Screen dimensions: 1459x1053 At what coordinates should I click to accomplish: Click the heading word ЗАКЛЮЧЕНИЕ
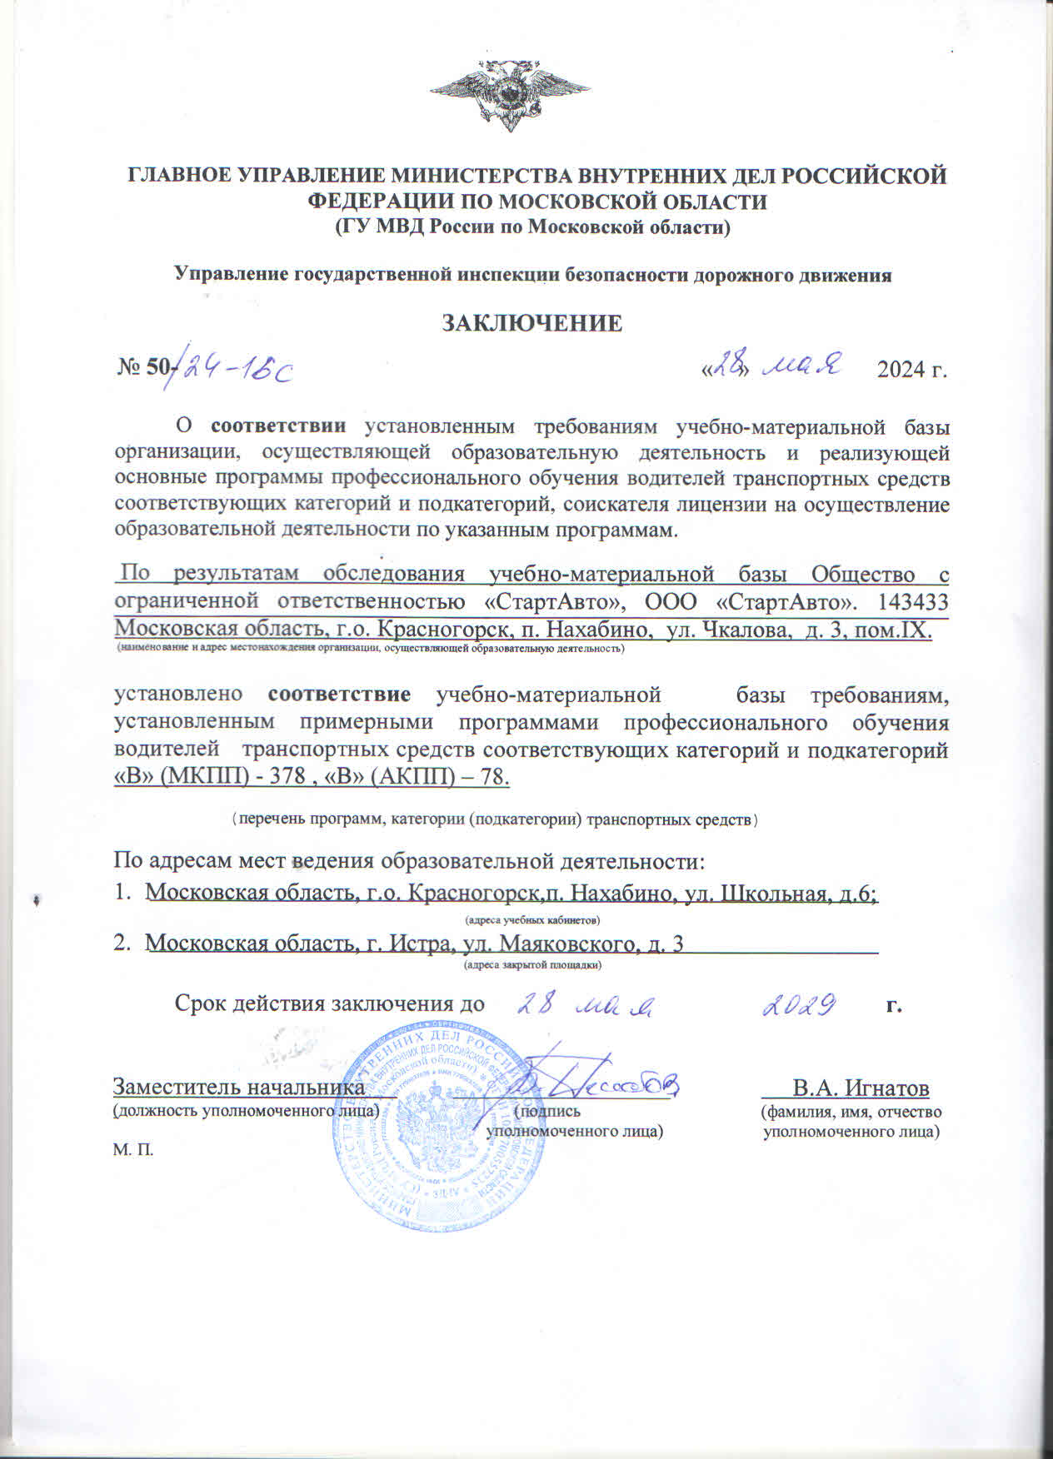coord(531,323)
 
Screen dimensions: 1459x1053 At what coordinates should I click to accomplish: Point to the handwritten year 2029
coord(799,1006)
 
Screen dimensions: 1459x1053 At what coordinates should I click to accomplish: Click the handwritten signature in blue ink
coord(596,1081)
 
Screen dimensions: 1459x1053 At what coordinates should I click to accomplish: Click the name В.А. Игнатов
coord(861,1088)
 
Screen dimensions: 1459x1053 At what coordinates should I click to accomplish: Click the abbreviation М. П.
coord(133,1150)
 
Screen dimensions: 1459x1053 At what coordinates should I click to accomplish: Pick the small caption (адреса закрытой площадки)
coord(532,965)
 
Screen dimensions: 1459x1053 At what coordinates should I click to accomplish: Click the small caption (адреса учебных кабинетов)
coord(531,919)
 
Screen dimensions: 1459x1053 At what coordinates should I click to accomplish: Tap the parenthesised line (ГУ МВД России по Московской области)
coord(531,227)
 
